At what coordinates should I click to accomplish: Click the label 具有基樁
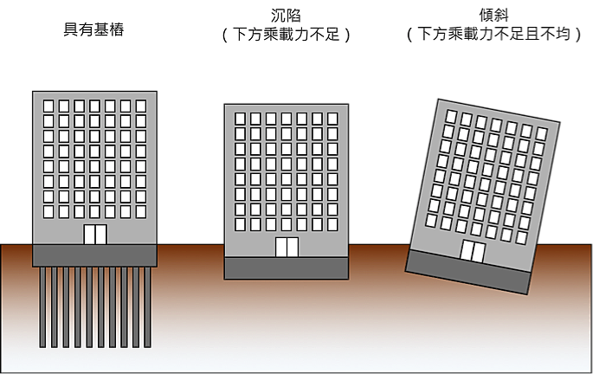pos(93,29)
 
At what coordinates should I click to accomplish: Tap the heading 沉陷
pos(286,16)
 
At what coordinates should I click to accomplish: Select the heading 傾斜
pos(493,16)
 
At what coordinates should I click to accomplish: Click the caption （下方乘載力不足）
pos(286,35)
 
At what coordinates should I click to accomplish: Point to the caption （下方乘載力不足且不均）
pos(493,34)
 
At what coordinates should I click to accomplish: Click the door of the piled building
pos(95,234)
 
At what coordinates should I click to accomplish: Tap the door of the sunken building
pos(287,247)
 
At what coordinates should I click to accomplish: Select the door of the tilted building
pos(473,251)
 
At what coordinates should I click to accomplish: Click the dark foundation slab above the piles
pos(94,255)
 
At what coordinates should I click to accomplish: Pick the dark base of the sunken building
pos(287,268)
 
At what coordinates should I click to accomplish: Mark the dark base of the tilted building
pos(468,272)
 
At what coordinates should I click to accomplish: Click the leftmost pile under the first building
pos(42,307)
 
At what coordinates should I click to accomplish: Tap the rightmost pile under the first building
pos(147,307)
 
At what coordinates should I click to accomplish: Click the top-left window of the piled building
pos(48,106)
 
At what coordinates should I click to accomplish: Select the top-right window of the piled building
pos(141,106)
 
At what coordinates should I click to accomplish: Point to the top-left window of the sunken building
pos(240,119)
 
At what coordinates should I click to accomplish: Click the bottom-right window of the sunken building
pos(332,224)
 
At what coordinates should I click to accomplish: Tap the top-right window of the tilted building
pos(541,133)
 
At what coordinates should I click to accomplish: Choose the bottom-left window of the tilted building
pos(431,221)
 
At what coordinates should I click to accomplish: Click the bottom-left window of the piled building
pos(48,211)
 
